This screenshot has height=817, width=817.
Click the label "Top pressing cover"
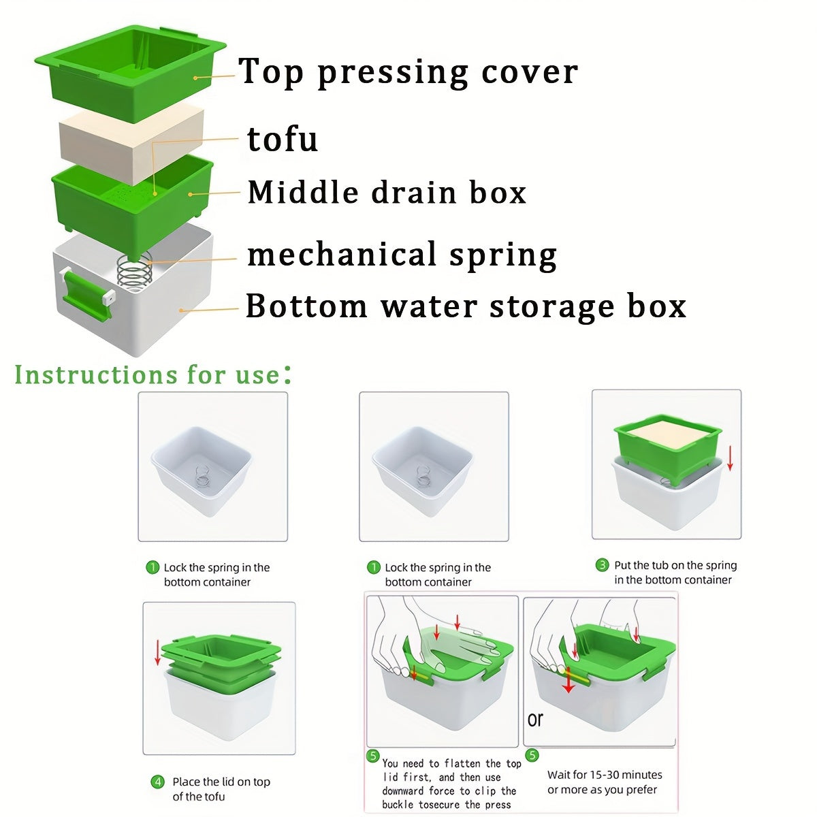pyautogui.click(x=408, y=72)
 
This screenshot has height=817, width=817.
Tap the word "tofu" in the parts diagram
pyautogui.click(x=283, y=140)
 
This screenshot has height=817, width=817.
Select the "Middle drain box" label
pyautogui.click(x=387, y=193)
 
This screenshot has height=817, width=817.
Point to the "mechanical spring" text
pyautogui.click(x=402, y=255)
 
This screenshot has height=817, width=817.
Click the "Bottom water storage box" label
pyautogui.click(x=465, y=306)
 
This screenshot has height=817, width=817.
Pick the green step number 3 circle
pyautogui.click(x=602, y=565)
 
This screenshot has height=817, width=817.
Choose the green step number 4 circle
pyautogui.click(x=157, y=782)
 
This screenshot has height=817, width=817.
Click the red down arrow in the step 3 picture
pyautogui.click(x=730, y=458)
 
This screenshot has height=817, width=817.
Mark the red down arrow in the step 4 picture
pyautogui.click(x=158, y=652)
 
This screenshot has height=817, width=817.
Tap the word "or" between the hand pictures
pyautogui.click(x=535, y=720)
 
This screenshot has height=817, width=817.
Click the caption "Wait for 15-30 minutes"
pyautogui.click(x=605, y=775)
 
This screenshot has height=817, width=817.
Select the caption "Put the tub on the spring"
pyautogui.click(x=675, y=565)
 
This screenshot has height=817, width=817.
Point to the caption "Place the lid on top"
pyautogui.click(x=221, y=782)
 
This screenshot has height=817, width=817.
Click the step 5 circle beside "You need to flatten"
pyautogui.click(x=373, y=756)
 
